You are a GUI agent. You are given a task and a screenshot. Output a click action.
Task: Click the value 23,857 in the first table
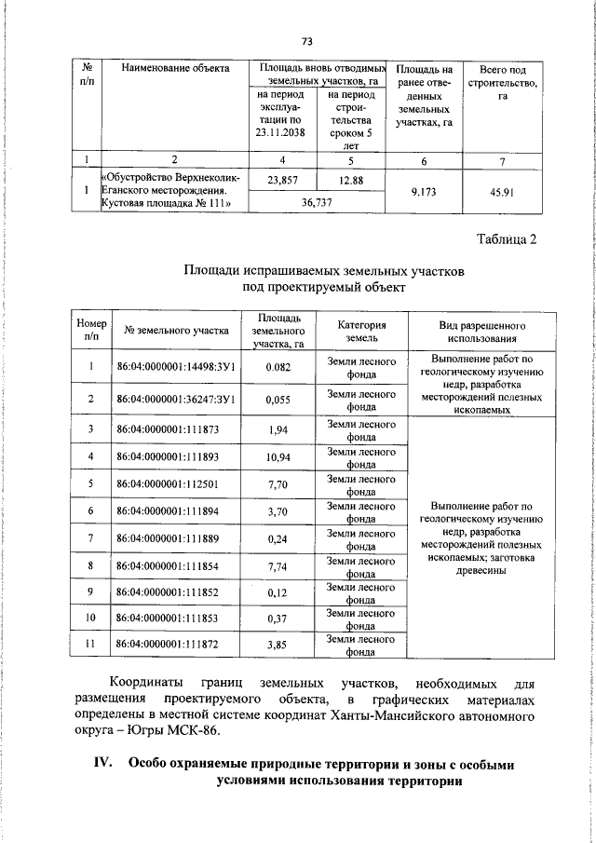coord(282,181)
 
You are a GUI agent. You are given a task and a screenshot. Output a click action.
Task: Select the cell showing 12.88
coord(350,181)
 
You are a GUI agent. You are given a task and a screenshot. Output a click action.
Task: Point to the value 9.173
coord(423,192)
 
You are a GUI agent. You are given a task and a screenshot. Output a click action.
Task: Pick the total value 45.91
coord(502,192)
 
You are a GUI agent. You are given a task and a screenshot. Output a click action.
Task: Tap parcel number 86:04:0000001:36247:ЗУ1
coord(174,399)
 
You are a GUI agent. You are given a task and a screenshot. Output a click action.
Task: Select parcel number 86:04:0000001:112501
coord(166,484)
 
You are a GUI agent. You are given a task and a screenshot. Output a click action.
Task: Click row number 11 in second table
coord(91,645)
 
